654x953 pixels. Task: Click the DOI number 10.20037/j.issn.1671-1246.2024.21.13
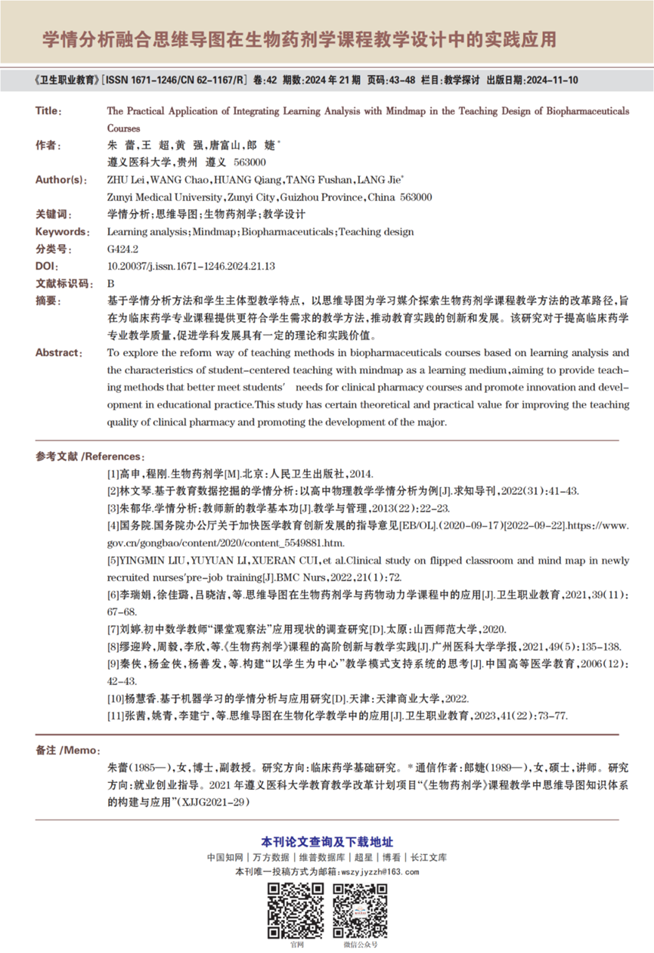click(191, 266)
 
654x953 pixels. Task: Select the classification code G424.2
click(122, 249)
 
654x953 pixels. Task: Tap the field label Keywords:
click(61, 231)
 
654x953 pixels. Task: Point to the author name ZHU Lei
click(127, 180)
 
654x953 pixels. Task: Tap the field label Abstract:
click(59, 352)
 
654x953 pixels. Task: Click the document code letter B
click(110, 283)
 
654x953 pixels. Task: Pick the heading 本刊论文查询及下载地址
click(327, 842)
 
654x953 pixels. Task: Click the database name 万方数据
click(271, 858)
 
